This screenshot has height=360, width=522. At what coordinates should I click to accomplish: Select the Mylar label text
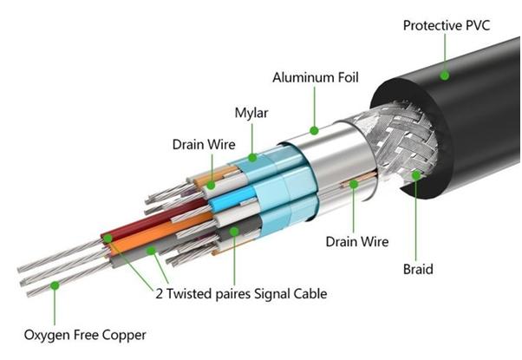coord(251,113)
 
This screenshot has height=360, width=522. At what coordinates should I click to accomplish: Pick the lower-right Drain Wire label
coord(356,240)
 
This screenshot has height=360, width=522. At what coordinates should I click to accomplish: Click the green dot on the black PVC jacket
coord(444,75)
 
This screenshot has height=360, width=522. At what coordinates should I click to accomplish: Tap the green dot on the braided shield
coord(418,176)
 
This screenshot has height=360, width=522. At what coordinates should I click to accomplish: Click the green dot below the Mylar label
coord(252,158)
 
